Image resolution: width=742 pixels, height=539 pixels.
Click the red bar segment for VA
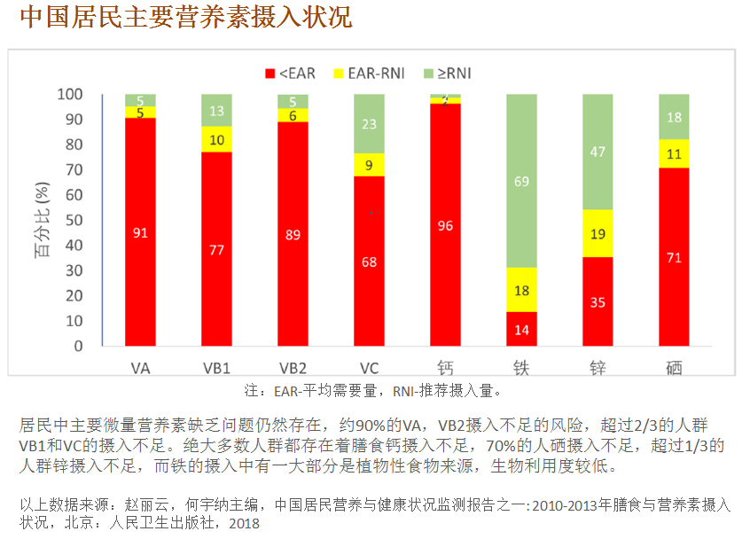click(140, 231)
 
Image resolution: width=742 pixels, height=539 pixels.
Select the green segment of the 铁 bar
click(521, 181)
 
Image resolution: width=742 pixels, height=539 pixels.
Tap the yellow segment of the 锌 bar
click(598, 233)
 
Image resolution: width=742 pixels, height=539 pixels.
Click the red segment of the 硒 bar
click(674, 256)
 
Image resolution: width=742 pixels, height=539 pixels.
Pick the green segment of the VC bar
click(369, 123)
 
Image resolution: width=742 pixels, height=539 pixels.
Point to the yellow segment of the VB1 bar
click(216, 140)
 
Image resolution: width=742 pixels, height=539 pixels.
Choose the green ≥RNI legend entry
click(451, 73)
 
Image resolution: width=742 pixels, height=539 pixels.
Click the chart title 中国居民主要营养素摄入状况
click(185, 17)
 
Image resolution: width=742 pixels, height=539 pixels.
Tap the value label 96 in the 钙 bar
click(445, 226)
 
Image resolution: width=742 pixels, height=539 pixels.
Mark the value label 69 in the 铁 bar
click(521, 182)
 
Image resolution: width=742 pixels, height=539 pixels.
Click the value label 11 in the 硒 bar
click(674, 153)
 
